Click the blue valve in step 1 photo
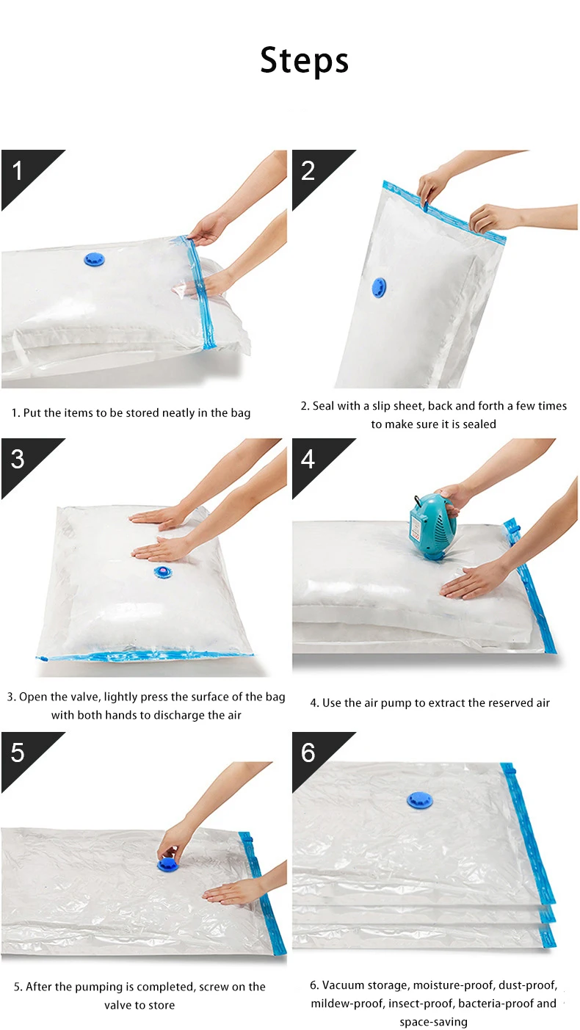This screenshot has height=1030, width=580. coord(94,259)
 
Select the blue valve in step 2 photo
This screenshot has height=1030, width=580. coord(379,287)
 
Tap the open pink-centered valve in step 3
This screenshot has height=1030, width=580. coord(162,572)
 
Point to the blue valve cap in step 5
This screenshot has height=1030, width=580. coord(167,865)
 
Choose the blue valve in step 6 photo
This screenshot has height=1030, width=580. coord(420,800)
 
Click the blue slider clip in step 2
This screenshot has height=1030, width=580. coord(427,204)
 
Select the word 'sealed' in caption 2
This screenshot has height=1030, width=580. coord(479,424)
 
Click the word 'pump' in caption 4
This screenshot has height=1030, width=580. coord(396,703)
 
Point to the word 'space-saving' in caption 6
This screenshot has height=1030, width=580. coord(433,1022)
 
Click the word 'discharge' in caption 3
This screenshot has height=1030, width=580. coord(189,715)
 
